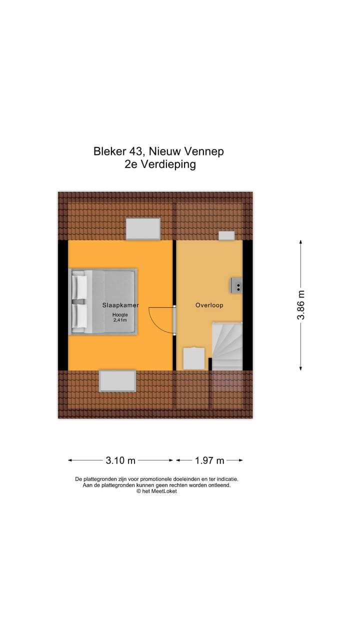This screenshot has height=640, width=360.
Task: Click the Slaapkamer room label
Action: [x=120, y=305]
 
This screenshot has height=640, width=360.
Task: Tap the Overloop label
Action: [x=209, y=305]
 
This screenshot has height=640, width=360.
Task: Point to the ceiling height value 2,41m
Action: [x=119, y=320]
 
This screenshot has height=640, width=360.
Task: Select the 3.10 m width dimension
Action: [x=120, y=460]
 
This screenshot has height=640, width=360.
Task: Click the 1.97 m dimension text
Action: [x=209, y=460]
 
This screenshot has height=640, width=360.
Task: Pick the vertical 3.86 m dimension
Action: [x=300, y=305]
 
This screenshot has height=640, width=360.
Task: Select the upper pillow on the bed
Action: [x=80, y=286]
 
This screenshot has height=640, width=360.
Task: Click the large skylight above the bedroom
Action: [x=143, y=229]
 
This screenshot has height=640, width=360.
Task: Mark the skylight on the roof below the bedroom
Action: [x=117, y=381]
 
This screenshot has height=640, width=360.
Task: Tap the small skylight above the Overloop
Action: [x=226, y=235]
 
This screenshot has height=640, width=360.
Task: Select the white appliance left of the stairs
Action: [x=194, y=358]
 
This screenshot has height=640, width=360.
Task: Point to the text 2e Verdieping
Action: [x=160, y=164]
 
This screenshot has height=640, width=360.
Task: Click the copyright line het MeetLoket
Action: [x=156, y=491]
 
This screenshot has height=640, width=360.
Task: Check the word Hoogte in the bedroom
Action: [x=119, y=314]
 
